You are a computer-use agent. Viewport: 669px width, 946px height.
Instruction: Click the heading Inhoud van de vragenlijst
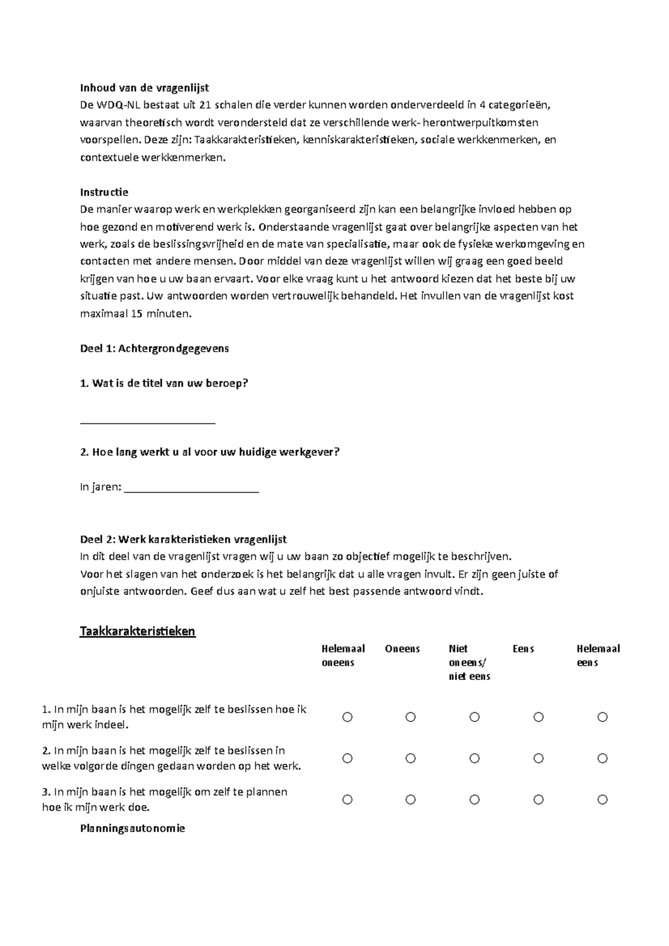pos(144,87)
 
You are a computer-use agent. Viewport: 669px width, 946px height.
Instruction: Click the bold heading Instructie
pos(104,192)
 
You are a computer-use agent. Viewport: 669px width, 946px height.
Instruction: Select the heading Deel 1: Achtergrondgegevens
pos(154,349)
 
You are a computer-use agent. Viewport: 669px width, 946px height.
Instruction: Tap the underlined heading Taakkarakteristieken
pos(138,631)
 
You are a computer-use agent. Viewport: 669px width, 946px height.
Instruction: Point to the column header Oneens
pos(402,649)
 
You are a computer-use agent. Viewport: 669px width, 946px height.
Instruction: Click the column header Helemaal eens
pos(598,656)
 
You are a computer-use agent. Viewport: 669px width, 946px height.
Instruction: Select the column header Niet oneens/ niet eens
pos(469,662)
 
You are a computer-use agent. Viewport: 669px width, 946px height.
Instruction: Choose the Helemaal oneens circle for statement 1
pos(347,717)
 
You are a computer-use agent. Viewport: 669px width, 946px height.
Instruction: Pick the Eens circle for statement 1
pos(538,717)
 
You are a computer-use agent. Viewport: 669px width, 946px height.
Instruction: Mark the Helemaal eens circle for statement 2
pos(602,758)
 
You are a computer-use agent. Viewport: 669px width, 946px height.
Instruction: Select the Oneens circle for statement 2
pos(411,758)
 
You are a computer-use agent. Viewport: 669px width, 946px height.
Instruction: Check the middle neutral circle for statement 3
pos(474,799)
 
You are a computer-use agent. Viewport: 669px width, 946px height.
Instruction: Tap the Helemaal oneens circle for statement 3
pos(347,799)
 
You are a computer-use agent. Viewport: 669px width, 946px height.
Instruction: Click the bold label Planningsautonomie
pos(132,828)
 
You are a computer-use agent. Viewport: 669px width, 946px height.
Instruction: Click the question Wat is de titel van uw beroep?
pos(164,383)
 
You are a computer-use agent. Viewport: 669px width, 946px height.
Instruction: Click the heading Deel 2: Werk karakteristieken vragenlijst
pos(183,539)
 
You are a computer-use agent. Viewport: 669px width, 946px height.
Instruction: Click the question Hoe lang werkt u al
pos(210,452)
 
